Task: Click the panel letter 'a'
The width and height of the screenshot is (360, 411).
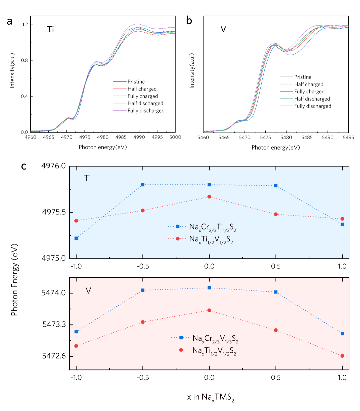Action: coord(10,21)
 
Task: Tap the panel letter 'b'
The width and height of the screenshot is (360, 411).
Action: coord(189,21)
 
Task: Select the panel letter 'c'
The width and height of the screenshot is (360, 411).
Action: coord(24,166)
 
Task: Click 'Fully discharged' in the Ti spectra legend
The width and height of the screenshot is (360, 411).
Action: coord(146,111)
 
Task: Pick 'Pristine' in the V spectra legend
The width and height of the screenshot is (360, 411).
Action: coord(303,77)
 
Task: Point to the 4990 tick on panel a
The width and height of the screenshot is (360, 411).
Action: coord(139,137)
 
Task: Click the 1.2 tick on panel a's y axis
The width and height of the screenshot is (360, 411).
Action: coord(25,25)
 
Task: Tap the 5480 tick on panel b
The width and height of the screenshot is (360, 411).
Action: coord(286,137)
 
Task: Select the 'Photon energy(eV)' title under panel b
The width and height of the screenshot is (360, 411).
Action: coord(276,148)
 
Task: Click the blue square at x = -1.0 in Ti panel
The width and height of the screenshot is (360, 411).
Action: coord(76,238)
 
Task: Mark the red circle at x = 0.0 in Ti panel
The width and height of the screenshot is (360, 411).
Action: coord(209,197)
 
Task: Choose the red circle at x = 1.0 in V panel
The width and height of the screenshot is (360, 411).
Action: coord(342,356)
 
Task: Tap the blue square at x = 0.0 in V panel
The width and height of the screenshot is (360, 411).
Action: coord(209,288)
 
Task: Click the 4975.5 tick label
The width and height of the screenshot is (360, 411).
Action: coord(54,212)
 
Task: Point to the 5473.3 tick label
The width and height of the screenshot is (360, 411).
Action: coord(54,324)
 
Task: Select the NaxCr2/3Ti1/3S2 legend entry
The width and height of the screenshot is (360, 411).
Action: coord(212,227)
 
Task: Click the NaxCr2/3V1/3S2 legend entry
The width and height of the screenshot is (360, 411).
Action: coord(215,338)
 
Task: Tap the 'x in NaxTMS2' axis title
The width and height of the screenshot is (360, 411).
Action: coord(210,397)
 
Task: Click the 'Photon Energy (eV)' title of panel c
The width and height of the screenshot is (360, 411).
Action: coord(14,280)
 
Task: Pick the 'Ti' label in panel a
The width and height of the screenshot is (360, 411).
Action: coord(50,29)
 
